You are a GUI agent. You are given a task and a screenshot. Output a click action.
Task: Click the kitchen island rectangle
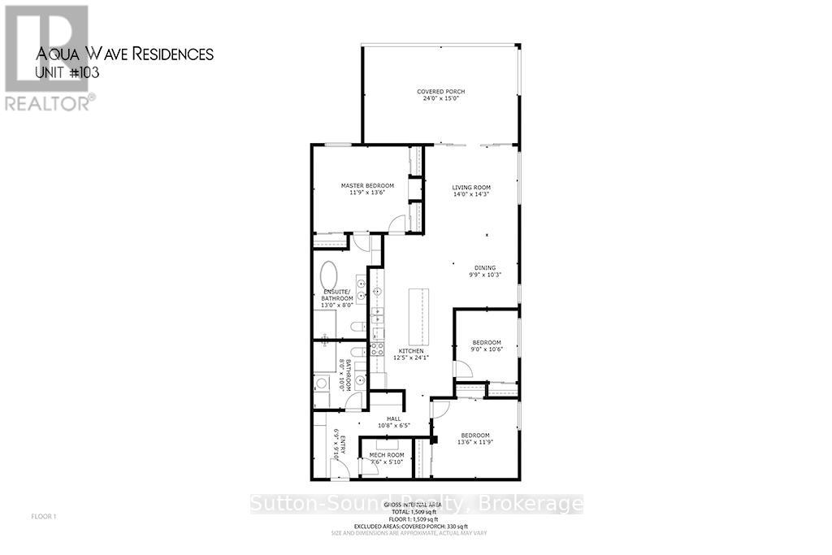click(421, 316)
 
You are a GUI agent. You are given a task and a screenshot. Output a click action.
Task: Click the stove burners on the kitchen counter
click(377, 349)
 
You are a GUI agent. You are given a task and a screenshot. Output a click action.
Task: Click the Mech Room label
click(386, 454)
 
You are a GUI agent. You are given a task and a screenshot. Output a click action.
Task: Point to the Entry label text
click(344, 448)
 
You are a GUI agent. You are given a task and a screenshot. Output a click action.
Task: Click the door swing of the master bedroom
click(396, 223)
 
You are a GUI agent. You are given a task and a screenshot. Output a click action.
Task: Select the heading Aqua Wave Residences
click(125, 54)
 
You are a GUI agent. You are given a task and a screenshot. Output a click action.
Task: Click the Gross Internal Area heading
click(417, 505)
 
